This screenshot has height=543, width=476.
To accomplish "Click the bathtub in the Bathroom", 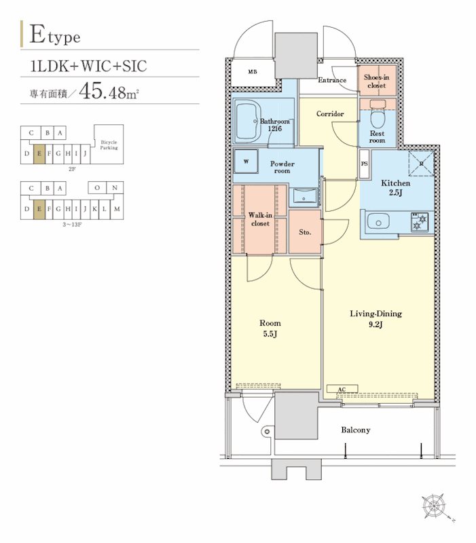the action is [x=247, y=121].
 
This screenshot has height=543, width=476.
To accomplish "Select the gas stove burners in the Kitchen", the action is [x=420, y=222].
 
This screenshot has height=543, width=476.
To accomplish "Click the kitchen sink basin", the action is [x=378, y=221].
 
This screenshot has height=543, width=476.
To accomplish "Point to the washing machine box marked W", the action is [x=246, y=162].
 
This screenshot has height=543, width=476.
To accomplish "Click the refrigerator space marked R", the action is [x=421, y=164].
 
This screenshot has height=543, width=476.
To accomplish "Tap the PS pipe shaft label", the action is [x=365, y=164].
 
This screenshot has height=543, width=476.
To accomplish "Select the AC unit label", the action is [x=342, y=389].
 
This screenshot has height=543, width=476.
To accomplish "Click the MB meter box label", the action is [x=253, y=72].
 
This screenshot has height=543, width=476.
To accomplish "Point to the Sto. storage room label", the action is [x=305, y=232].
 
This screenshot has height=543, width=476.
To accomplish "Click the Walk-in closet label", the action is [x=260, y=219].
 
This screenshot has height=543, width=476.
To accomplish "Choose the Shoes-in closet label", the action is [x=377, y=81].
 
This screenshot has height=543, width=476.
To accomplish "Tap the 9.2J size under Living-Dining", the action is [x=376, y=324].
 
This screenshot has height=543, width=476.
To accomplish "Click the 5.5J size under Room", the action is [x=270, y=334].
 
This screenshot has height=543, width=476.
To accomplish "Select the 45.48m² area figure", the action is [x=109, y=91].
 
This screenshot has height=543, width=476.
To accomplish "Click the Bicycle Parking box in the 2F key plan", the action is [x=109, y=145].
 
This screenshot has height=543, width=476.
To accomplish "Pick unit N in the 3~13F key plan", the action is [x=115, y=188].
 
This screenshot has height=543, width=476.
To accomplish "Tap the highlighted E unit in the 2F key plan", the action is [x=39, y=153].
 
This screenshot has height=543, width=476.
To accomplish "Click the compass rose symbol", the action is [x=433, y=506].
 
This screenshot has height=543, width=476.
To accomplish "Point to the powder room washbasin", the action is [x=304, y=197].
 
